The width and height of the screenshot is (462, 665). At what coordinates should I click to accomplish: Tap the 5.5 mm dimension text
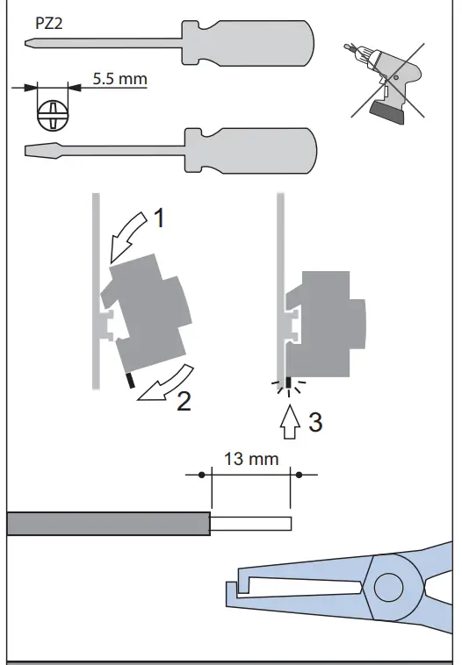(x=119, y=79)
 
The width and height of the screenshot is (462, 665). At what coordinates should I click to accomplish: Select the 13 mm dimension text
(x=250, y=459)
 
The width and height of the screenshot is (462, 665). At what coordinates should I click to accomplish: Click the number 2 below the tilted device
(x=184, y=401)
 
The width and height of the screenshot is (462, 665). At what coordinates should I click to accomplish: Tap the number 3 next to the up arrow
(x=315, y=422)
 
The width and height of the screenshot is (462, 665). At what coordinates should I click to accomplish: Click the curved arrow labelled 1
(x=129, y=234)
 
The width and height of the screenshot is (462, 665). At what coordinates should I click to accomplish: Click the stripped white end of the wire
(x=250, y=524)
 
